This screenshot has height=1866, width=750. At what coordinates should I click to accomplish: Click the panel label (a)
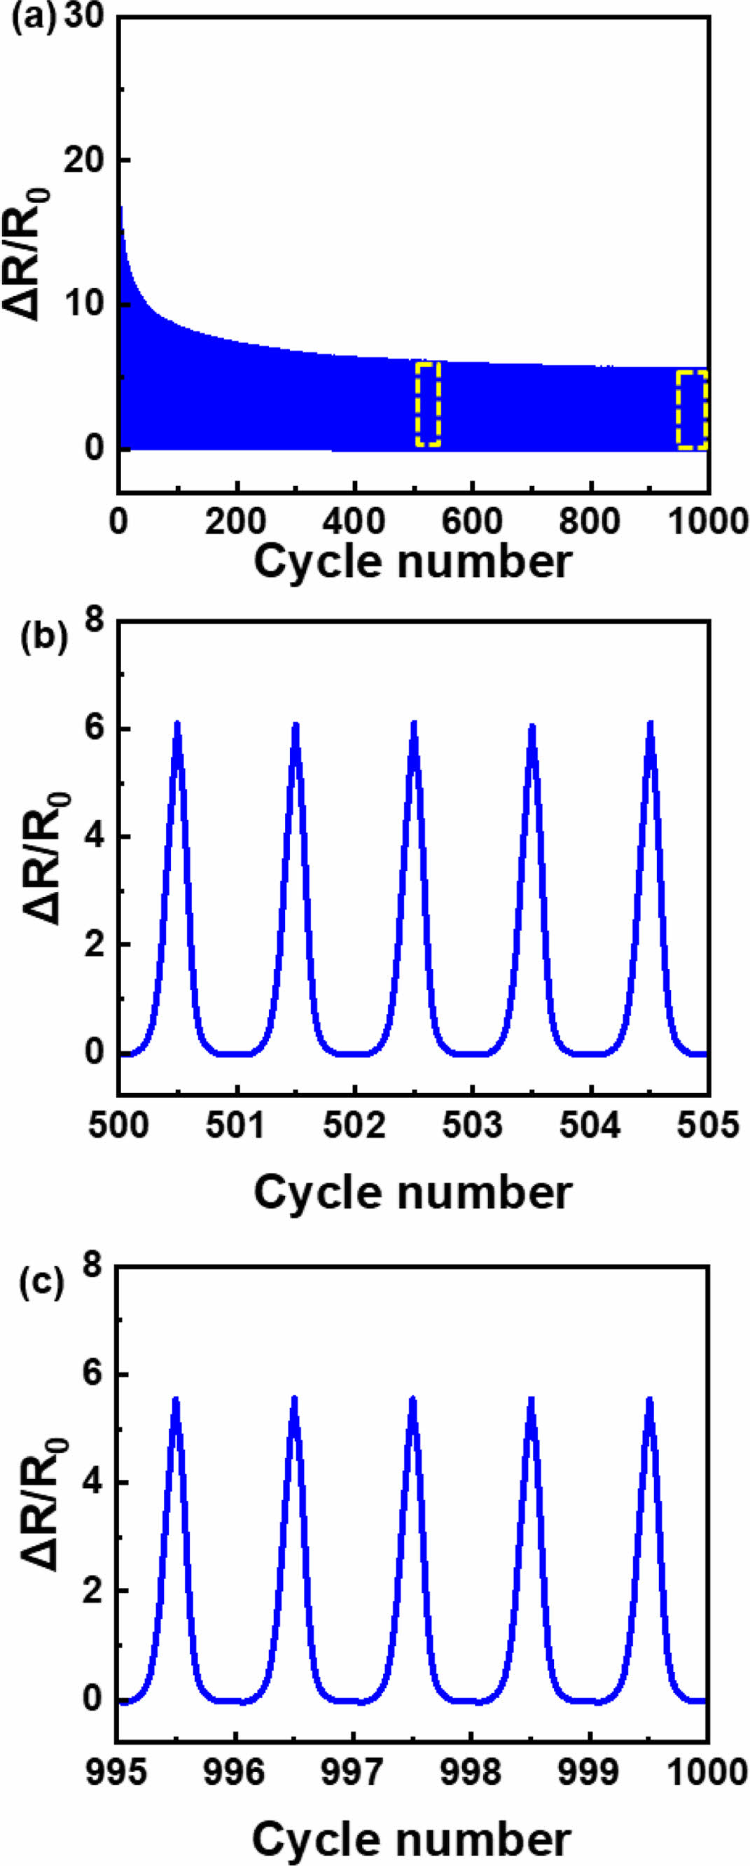coord(33,16)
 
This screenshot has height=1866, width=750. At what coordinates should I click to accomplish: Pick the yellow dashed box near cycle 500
coord(429,403)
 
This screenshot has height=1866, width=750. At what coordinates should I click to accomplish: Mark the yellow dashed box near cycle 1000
coord(692,410)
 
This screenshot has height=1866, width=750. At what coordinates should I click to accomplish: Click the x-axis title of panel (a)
coord(413,562)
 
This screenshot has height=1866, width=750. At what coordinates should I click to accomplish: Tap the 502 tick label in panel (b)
coord(354,1127)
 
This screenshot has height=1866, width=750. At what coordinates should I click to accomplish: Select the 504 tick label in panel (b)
coord(590,1127)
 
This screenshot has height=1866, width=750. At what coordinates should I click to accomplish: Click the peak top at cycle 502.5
coord(414,725)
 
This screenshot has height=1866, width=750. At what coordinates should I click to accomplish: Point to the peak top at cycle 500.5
coord(176,725)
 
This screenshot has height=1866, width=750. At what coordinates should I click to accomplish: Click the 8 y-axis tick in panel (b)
coord(95,621)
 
